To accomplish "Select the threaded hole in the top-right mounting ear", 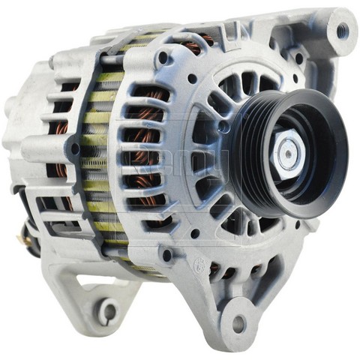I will pyautogui.click(x=343, y=31).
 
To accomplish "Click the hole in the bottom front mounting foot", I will pyautogui.click(x=239, y=324).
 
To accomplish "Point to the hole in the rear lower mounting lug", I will pyautogui.click(x=109, y=309).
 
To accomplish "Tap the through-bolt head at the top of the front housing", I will pyautogui.click(x=163, y=57).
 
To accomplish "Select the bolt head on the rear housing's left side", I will pyautogui.click(x=74, y=148).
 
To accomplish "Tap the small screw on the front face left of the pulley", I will pyautogui.click(x=223, y=127).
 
